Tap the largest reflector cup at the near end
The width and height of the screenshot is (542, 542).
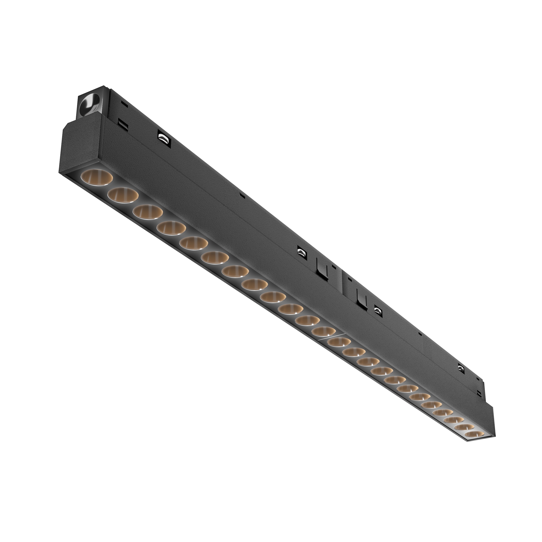(96, 177)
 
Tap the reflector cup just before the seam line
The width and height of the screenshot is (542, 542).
(324, 331)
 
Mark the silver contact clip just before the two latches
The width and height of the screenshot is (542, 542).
(302, 251)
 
